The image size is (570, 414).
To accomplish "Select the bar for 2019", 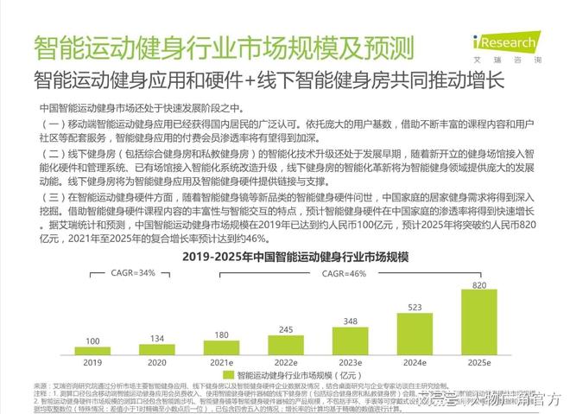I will (x=92, y=351).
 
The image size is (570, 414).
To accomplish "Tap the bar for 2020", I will (x=156, y=349).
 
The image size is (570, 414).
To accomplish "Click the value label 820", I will (x=478, y=284).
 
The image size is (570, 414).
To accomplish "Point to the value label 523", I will (x=414, y=308).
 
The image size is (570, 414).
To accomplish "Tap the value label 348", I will (x=349, y=322).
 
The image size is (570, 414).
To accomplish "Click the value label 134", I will (x=156, y=338).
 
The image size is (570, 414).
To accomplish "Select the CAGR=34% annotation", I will (x=134, y=272).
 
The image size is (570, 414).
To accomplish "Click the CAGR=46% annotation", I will (x=345, y=272).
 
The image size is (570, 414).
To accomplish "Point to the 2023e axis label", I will (x=349, y=363).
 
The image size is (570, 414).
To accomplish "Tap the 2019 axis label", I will (x=92, y=363).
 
